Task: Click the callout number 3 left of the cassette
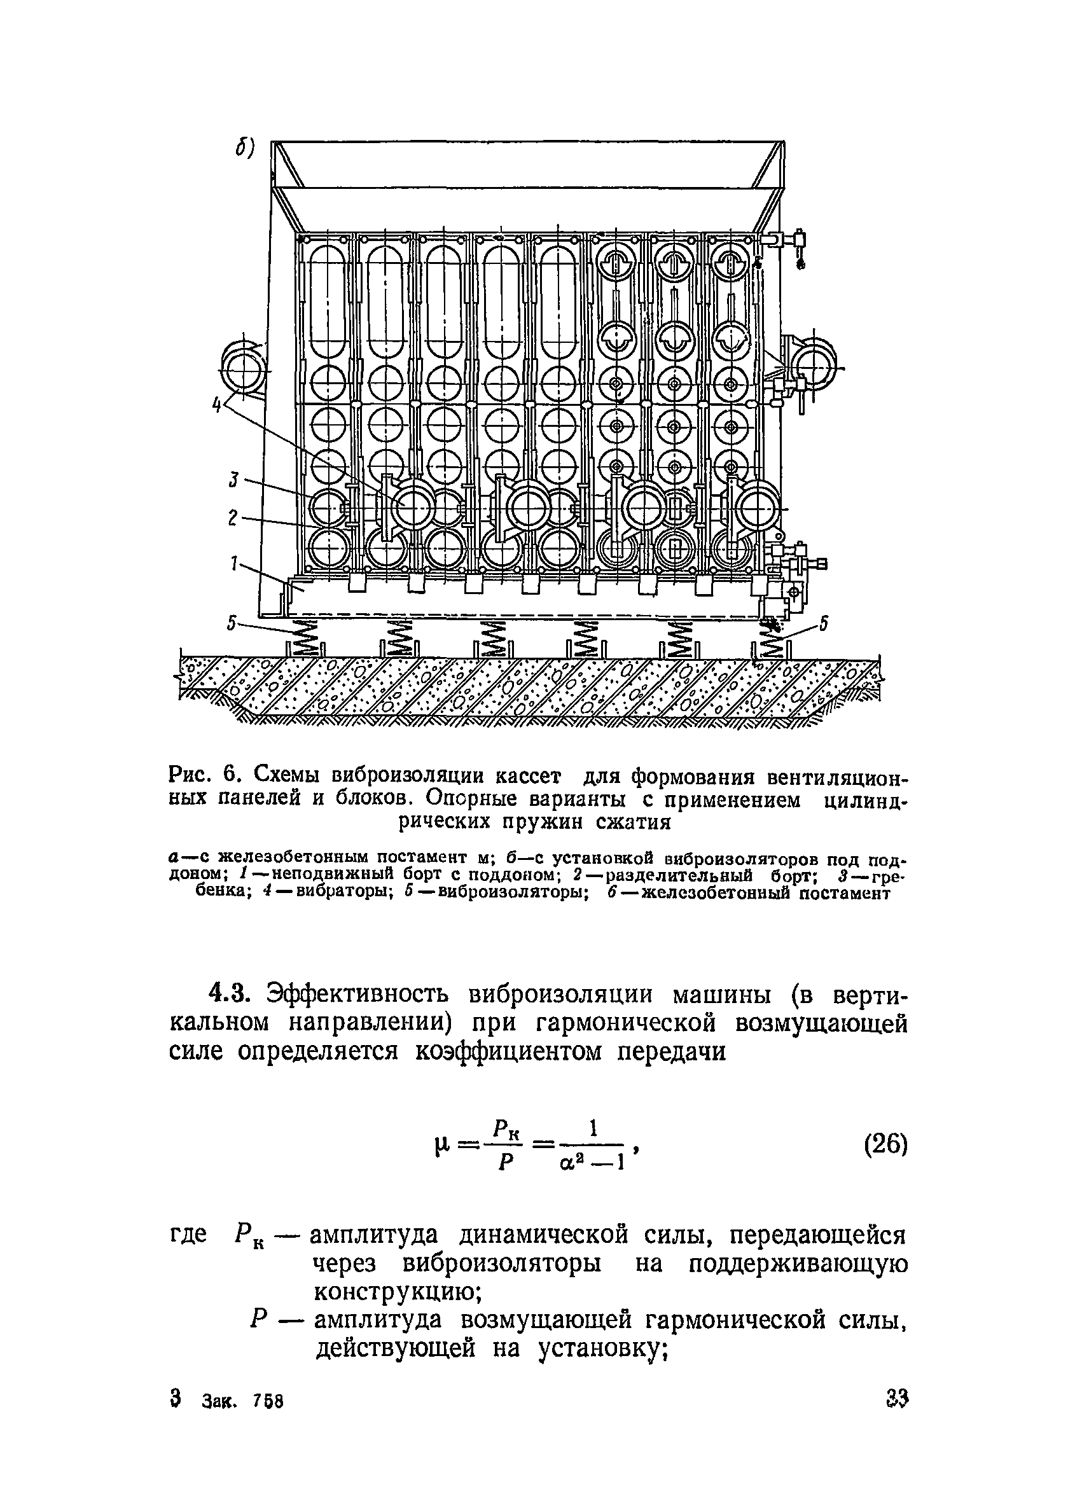[x=233, y=480]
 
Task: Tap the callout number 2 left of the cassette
[x=233, y=518]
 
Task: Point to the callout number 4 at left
[x=216, y=404]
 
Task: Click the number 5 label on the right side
[x=823, y=623]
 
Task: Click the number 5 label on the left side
[x=232, y=623]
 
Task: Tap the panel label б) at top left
[x=244, y=149]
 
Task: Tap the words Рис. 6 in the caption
[x=204, y=775]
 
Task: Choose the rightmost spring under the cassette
[x=770, y=639]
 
